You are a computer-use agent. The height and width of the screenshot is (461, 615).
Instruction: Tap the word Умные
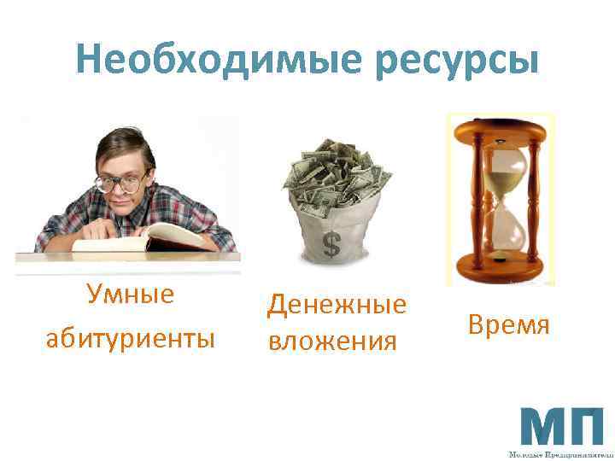tap(130, 295)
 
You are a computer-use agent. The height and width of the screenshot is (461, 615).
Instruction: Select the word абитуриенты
tap(130, 338)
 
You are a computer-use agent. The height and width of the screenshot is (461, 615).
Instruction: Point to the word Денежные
tap(337, 305)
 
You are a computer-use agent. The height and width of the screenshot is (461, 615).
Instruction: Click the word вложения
tap(332, 341)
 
